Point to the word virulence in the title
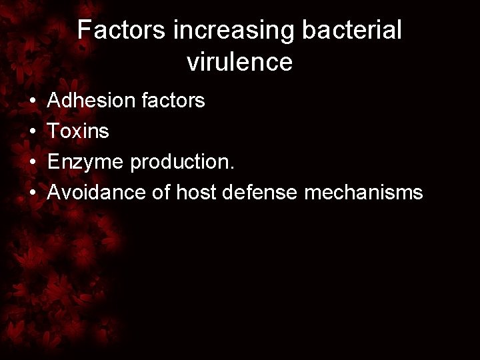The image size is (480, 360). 239,62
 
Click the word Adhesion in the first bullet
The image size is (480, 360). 89,101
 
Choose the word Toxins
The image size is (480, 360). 79,131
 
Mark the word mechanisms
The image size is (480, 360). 364,193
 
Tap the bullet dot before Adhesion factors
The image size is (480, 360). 33,101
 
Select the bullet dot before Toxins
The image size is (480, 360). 33,132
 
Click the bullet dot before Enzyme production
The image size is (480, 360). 33,163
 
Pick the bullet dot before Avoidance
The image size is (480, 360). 33,193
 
